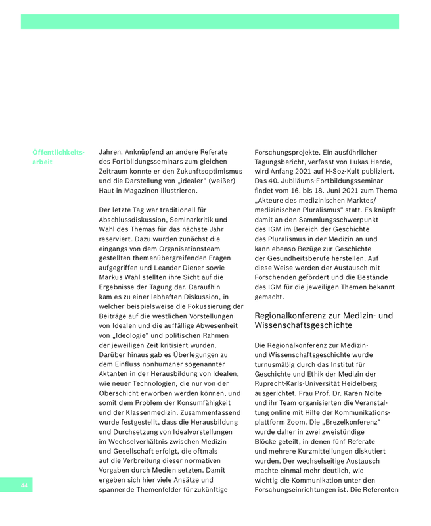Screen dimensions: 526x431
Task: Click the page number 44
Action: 24,485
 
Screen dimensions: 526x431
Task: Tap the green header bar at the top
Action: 210,22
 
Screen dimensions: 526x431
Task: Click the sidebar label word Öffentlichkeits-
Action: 58,153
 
